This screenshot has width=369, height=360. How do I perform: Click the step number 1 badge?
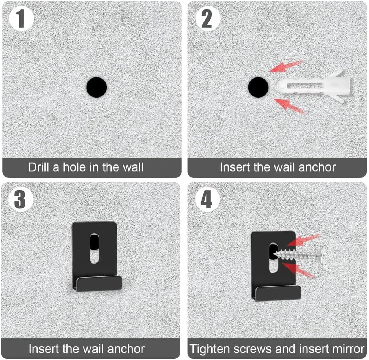click(x=21, y=19)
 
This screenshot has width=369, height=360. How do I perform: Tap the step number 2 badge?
click(x=208, y=19)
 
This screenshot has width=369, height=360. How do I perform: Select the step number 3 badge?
click(x=20, y=199)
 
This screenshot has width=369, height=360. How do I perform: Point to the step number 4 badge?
click(x=207, y=200)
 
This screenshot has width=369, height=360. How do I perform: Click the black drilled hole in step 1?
click(x=96, y=87)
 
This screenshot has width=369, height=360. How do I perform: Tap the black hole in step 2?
click(x=258, y=87)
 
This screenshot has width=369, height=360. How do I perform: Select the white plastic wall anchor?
click(x=313, y=86)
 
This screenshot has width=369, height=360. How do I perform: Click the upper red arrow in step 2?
click(x=286, y=66)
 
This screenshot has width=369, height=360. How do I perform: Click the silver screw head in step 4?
click(x=322, y=255)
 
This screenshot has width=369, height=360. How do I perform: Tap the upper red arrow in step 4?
click(x=304, y=240)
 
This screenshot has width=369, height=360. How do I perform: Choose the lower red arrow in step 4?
click(x=298, y=271)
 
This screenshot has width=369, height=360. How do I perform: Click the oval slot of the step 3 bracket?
click(x=95, y=248)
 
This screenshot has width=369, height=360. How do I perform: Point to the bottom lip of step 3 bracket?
click(x=99, y=283)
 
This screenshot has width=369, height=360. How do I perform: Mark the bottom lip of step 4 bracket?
click(x=278, y=293)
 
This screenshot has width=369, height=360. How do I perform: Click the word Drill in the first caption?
click(x=38, y=167)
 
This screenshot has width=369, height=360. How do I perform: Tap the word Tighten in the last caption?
click(x=210, y=349)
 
